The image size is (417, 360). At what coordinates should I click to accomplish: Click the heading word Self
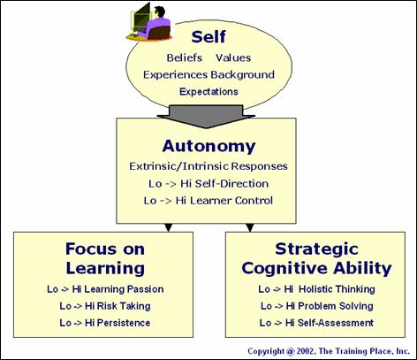point(208,37)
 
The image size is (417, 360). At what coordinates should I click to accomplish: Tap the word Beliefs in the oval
point(185,57)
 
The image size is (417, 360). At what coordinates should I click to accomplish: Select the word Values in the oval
point(233,57)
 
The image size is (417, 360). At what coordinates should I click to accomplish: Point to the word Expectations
point(208,92)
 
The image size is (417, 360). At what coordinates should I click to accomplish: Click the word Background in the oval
point(243,75)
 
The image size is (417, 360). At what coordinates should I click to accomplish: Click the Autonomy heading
point(208,147)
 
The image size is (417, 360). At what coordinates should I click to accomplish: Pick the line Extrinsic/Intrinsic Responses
point(208,166)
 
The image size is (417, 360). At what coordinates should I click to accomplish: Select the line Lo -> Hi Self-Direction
point(208,184)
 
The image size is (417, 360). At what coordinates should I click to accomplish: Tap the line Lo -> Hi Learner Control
point(208,201)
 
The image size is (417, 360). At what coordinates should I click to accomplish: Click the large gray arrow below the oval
point(206,117)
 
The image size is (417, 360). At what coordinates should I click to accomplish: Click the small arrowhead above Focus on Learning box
point(169,227)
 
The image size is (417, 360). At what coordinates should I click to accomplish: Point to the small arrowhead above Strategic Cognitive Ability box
point(250,227)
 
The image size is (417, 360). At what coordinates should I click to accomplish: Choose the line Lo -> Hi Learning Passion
point(105,289)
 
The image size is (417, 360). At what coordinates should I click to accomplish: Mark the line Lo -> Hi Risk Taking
point(105,306)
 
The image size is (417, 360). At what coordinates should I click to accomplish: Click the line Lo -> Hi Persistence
point(105,323)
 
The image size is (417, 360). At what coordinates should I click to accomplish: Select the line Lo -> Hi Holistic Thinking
point(316,289)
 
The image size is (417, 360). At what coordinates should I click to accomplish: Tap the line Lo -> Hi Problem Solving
point(317,306)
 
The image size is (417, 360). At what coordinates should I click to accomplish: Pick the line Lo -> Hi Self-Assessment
point(316,323)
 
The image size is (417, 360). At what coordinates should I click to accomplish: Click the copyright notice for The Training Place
point(329,351)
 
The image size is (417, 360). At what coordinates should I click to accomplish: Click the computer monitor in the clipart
point(142,19)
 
